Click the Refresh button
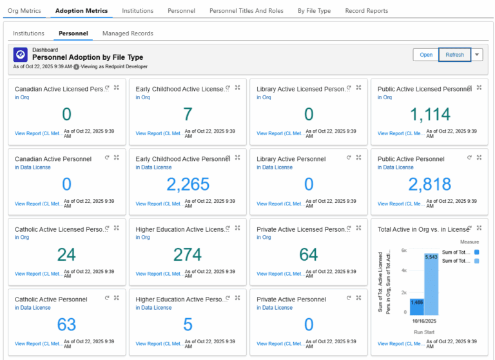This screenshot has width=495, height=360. tap(454, 55)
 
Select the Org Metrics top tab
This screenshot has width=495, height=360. tap(25, 11)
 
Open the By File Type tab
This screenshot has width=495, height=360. tap(314, 11)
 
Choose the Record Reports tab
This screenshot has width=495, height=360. tap(366, 11)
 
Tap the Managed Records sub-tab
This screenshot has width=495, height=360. tap(128, 33)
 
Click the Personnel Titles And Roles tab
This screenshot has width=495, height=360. tap(246, 11)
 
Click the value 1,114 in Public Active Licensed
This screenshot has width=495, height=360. tap(430, 115)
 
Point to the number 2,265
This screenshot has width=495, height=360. tap(188, 185)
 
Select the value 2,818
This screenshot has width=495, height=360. tap(430, 185)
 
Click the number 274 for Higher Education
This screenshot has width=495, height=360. tap(188, 255)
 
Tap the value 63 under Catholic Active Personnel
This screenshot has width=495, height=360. tap(66, 325)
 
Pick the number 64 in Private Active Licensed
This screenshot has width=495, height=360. tap(309, 255)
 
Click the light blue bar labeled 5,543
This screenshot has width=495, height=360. tap(431, 284)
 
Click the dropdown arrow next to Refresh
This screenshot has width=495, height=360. tap(477, 55)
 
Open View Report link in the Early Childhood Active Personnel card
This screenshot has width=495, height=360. tap(159, 204)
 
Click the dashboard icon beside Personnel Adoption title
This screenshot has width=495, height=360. tap(21, 54)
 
